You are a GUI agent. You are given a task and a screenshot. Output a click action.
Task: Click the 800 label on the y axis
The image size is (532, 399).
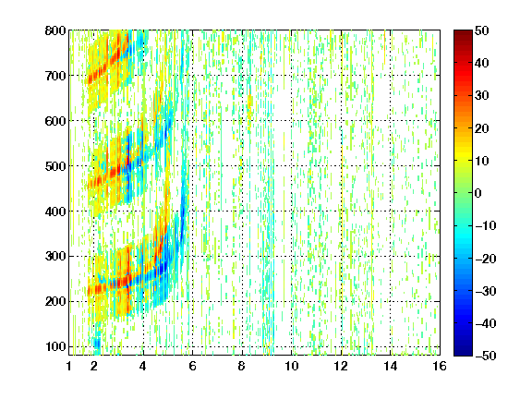[55, 30]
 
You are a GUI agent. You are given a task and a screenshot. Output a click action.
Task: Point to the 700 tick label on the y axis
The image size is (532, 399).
[55, 76]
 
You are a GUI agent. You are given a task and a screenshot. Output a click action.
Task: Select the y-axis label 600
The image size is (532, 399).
[55, 121]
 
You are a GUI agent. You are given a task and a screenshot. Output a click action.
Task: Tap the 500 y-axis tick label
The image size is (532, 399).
[55, 166]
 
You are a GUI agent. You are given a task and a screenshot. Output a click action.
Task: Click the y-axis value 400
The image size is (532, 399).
[55, 212]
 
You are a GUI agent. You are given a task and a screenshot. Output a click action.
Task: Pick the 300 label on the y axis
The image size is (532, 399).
[55, 256]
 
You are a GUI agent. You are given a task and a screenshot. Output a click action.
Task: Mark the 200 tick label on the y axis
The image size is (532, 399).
[55, 301]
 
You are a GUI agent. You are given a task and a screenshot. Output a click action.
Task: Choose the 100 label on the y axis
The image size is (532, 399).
[55, 346]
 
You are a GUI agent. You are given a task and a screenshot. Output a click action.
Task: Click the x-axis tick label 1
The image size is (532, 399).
[69, 366]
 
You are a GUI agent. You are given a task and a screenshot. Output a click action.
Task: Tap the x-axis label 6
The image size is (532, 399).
[193, 366]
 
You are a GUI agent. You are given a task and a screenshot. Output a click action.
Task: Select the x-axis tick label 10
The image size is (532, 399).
[292, 366]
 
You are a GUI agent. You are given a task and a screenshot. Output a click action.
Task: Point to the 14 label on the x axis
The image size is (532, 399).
[391, 366]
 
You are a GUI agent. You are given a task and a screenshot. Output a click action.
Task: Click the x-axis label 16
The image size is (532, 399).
[440, 366]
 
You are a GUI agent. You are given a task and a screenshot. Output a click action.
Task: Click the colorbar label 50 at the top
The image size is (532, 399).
[482, 30]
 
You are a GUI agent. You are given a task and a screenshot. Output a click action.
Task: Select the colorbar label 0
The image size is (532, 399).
[478, 193]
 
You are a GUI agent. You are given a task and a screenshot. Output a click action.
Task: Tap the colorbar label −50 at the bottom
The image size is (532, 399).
[486, 356]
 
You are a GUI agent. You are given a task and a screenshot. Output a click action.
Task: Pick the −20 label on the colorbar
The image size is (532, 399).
[486, 259]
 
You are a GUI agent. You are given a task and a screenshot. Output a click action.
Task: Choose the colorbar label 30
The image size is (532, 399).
[482, 95]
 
